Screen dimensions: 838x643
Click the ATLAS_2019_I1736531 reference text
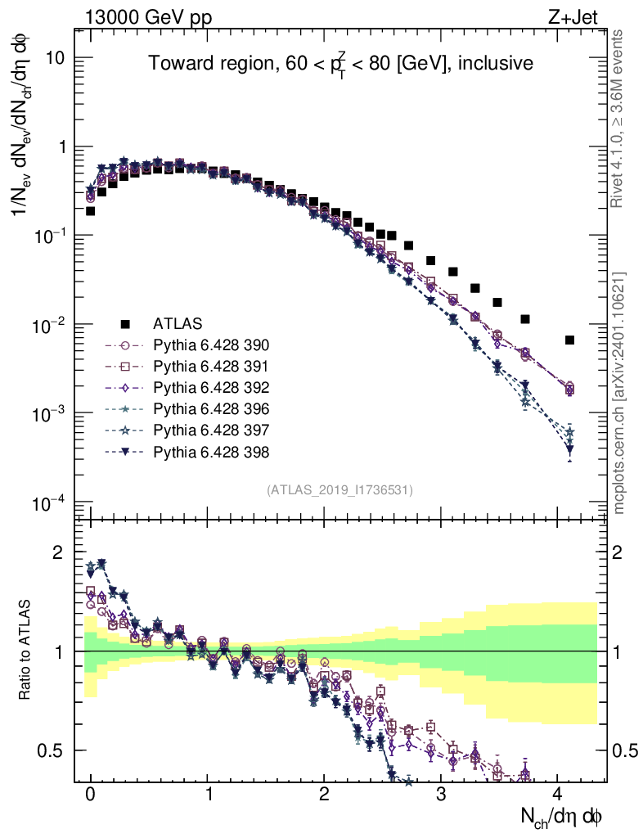click(x=339, y=490)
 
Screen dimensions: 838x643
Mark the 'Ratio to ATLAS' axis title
click(x=27, y=651)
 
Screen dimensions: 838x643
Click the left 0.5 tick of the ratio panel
click(x=52, y=750)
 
